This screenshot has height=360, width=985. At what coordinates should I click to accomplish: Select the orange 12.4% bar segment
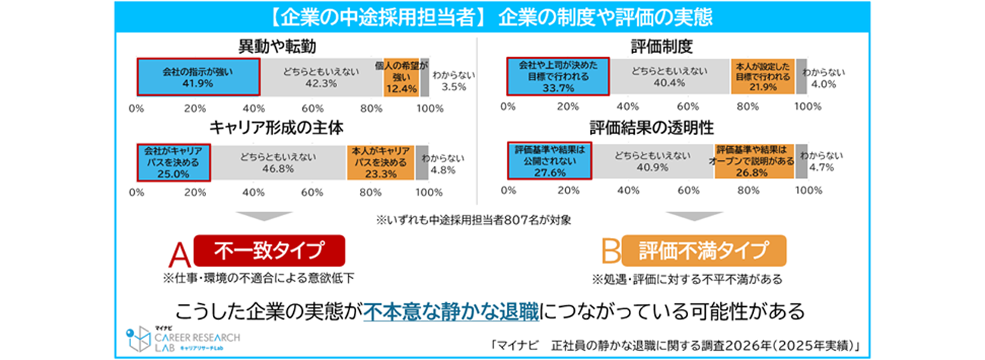pyautogui.click(x=402, y=77)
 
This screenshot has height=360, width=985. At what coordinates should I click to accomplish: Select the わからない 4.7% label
pyautogui.click(x=822, y=163)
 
